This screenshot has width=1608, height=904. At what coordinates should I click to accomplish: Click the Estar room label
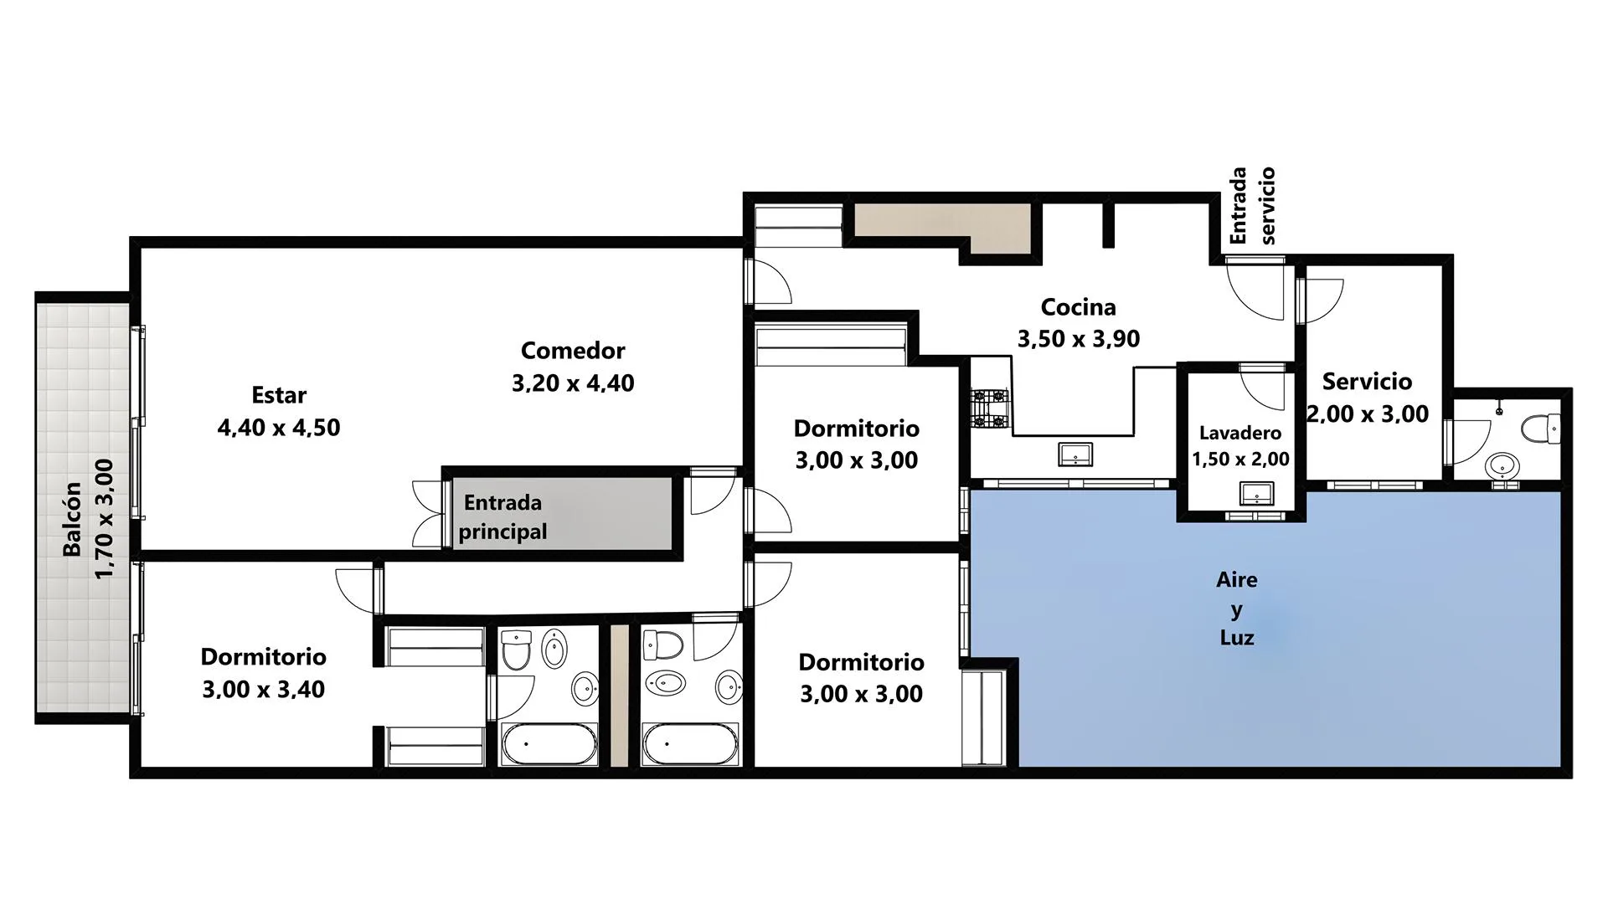(x=279, y=395)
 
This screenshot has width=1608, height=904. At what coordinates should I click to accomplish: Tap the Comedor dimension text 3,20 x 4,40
(x=573, y=383)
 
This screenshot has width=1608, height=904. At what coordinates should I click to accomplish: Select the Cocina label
(x=1078, y=307)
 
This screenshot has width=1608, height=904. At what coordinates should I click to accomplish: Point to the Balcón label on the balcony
(x=73, y=519)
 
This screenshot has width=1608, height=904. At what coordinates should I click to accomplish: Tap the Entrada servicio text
(x=1252, y=205)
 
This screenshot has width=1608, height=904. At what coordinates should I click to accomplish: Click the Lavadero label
(x=1240, y=433)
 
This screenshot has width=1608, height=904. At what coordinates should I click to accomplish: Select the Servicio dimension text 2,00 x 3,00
(x=1368, y=414)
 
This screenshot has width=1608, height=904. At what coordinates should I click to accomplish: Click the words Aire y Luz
(x=1237, y=609)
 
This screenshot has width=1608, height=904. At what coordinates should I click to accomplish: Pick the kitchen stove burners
(x=991, y=408)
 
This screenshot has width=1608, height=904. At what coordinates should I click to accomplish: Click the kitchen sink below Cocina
(x=1075, y=455)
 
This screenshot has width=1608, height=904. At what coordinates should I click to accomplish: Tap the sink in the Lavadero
(x=1256, y=494)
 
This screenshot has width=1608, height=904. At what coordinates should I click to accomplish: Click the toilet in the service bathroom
(x=1541, y=429)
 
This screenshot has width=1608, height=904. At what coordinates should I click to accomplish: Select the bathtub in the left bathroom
(x=549, y=743)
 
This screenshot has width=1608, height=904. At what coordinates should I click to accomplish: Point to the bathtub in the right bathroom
(x=689, y=743)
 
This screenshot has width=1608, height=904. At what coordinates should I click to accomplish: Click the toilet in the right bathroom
(x=663, y=645)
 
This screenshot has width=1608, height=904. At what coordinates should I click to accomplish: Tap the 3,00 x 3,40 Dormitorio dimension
(x=263, y=690)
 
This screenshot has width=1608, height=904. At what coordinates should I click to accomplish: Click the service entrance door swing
(x=1255, y=289)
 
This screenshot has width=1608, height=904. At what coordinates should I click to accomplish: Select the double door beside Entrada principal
(x=428, y=514)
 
